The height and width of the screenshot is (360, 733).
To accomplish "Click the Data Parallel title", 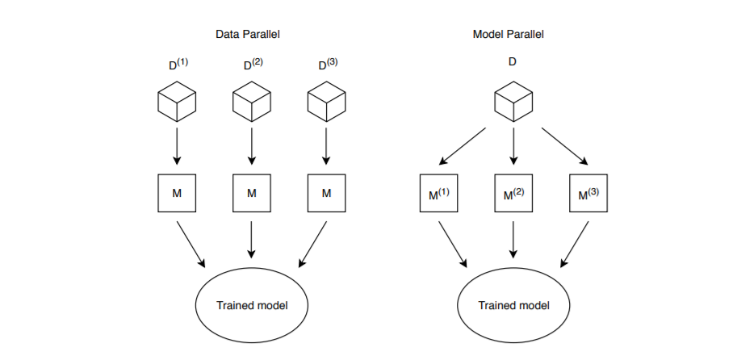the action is pyautogui.click(x=247, y=34).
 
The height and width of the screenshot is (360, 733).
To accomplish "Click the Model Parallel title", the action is pyautogui.click(x=508, y=34).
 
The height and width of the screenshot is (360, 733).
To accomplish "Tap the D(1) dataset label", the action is pyautogui.click(x=178, y=64).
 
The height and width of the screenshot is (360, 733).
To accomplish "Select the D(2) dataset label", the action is pyautogui.click(x=253, y=64).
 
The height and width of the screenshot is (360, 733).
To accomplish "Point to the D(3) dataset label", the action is pyautogui.click(x=328, y=64).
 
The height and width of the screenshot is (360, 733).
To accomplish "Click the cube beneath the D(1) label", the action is pyautogui.click(x=177, y=102).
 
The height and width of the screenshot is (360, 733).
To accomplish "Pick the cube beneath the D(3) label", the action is pyautogui.click(x=326, y=102).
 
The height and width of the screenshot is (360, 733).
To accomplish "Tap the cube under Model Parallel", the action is pyautogui.click(x=513, y=102).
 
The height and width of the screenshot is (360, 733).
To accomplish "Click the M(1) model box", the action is pyautogui.click(x=438, y=193).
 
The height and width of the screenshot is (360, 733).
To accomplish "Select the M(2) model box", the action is pyautogui.click(x=513, y=193).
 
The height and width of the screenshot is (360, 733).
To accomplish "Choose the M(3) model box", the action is pyautogui.click(x=588, y=193).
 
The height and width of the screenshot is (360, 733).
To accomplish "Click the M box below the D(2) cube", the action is pyautogui.click(x=252, y=193).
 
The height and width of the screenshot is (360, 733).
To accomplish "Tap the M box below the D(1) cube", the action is pyautogui.click(x=177, y=193).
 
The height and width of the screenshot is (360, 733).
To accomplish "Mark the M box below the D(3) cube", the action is pyautogui.click(x=326, y=193).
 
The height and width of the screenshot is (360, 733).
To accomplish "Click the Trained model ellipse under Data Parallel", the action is pyautogui.click(x=252, y=305).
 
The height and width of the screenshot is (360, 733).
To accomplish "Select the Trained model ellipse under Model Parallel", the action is pyautogui.click(x=513, y=305).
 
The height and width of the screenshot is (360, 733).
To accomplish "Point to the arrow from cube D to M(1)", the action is pyautogui.click(x=463, y=146).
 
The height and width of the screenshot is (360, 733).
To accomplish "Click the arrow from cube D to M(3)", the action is pyautogui.click(x=565, y=146).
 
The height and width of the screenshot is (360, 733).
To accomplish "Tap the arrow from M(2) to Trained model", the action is pyautogui.click(x=513, y=240).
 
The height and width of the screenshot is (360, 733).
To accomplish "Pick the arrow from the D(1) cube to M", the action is pyautogui.click(x=177, y=146).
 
